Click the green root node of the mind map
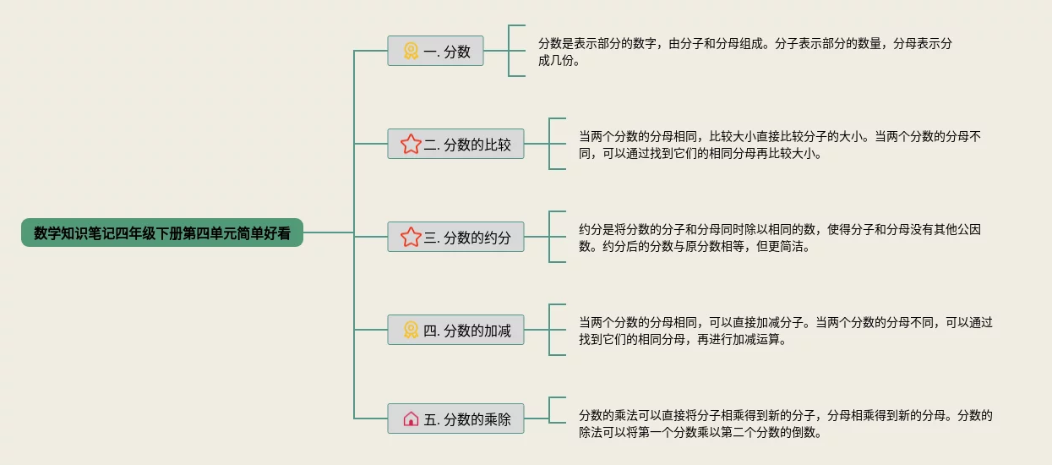click(x=161, y=233)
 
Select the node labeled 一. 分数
click(x=435, y=52)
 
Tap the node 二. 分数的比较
click(x=456, y=145)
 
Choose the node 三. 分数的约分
click(x=456, y=238)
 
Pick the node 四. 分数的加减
click(x=456, y=331)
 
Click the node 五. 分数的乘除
click(x=456, y=418)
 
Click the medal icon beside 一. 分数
click(x=411, y=52)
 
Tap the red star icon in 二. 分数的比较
click(x=411, y=145)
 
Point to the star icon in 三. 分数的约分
click(x=411, y=238)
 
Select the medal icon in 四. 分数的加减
click(x=411, y=331)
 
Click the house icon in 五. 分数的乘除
click(x=411, y=418)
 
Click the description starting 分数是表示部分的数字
click(x=744, y=52)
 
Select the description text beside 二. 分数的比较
click(x=777, y=145)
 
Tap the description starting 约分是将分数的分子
click(x=777, y=238)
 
